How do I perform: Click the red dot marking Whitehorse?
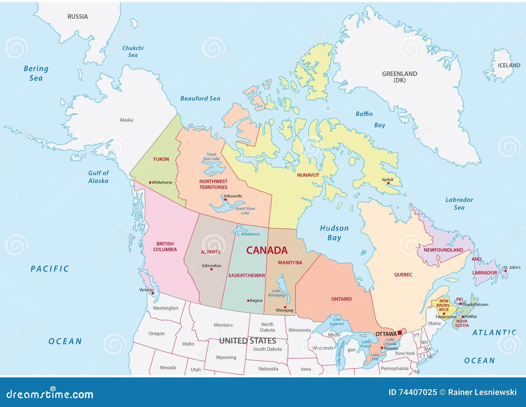[150, 183]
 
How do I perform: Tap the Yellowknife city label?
[233, 196]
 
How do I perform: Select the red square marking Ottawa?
[400, 333]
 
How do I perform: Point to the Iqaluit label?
[388, 180]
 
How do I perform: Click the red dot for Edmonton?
[211, 269]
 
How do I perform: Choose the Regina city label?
[256, 301]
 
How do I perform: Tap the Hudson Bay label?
[334, 233]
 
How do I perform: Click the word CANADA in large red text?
[267, 250]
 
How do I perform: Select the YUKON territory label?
[161, 159]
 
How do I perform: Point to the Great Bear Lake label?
[211, 157]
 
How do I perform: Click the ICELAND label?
[509, 65]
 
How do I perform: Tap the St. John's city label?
[512, 267]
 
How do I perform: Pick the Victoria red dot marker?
[153, 293]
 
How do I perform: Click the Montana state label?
[223, 325]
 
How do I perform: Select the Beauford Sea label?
[200, 98]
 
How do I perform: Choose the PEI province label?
[459, 299]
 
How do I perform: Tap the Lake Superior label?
[337, 321]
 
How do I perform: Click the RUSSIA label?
[78, 17]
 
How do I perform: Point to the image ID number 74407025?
[418, 392]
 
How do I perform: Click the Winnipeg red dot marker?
[285, 307]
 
